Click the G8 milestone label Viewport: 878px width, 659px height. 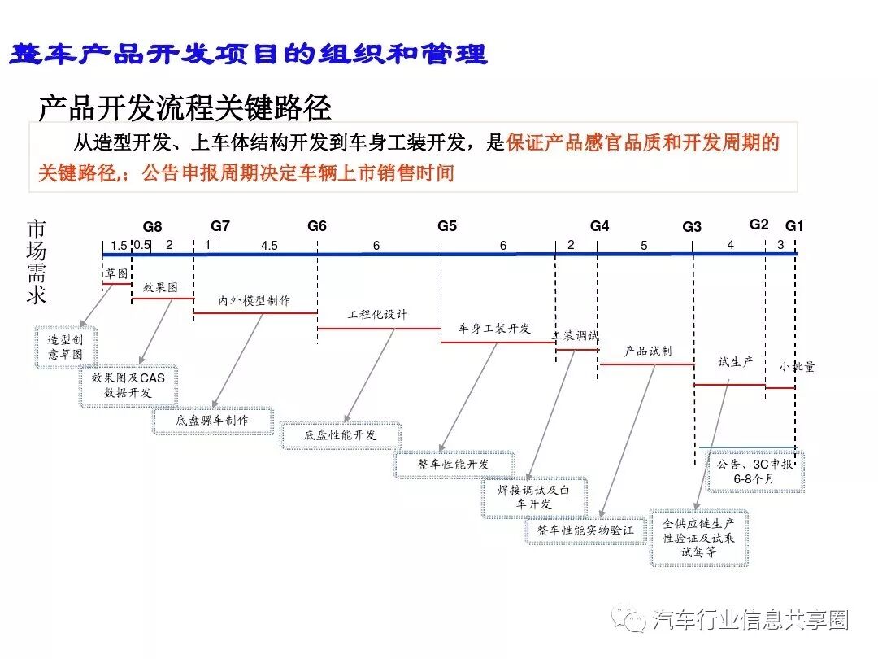coord(153,227)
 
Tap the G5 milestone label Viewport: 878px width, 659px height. coord(447,226)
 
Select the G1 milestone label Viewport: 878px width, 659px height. coord(794,226)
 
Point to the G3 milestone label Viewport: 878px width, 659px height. coord(692,227)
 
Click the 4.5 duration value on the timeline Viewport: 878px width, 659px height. coord(269,246)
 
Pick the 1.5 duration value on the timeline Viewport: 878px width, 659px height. coord(119,246)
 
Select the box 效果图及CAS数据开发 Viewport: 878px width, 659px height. coord(128,386)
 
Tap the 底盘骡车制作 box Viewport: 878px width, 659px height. coord(212,421)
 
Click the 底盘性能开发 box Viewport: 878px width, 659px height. coord(341,435)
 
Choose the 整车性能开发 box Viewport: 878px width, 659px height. coord(454,464)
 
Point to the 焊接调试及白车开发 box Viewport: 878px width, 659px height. coord(534,497)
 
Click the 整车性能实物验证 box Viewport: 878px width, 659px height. coord(585,530)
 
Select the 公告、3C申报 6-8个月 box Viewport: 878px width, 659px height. coord(754,472)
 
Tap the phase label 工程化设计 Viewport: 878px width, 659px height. coord(378,315)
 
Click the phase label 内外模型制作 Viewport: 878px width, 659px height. coord(254,300)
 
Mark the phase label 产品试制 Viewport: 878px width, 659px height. coord(647,351)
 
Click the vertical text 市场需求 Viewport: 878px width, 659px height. coord(37,262)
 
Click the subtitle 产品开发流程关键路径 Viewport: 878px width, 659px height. coord(185,107)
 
